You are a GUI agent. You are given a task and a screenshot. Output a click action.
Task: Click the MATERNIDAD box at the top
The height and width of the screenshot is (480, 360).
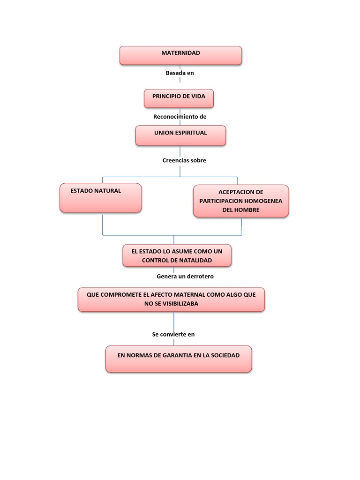pos(180,55)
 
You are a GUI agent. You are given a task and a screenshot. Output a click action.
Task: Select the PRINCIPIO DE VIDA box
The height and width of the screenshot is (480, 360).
pos(179,98)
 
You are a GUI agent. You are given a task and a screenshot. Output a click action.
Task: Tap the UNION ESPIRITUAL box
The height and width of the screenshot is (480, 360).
pos(180,135)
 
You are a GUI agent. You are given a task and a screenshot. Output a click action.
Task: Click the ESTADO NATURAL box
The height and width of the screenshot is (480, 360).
pos(100,198)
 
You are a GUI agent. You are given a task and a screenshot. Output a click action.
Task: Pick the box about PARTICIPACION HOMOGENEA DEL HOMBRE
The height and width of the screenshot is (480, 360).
pos(241,201)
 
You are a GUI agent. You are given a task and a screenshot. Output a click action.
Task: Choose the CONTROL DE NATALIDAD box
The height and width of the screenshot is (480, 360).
pos(177,255)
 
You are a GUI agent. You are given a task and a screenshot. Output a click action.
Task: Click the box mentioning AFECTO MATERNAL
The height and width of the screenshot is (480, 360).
pos(171,299)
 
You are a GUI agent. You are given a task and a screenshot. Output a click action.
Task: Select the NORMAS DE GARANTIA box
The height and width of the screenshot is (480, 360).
pos(179,359)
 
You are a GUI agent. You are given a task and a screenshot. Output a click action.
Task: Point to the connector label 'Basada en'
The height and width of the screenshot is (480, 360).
pos(180,73)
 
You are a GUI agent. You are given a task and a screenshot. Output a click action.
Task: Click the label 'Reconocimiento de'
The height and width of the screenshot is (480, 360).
pos(180,116)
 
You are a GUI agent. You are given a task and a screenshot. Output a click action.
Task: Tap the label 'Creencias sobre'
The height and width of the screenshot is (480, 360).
pos(184,160)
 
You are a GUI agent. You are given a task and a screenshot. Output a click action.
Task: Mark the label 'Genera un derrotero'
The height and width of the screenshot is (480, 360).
pos(185,277)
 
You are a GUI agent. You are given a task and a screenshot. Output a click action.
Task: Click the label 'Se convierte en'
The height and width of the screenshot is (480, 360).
pos(173,335)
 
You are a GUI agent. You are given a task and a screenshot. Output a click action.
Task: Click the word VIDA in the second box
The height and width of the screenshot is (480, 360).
pos(197,96)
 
